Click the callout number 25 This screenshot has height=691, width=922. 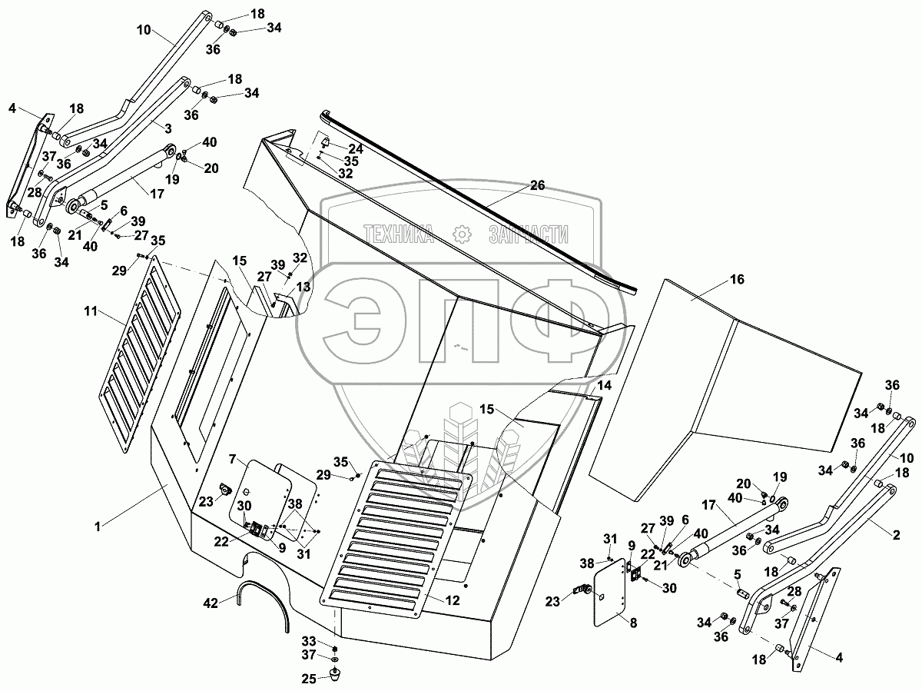(x=307, y=679)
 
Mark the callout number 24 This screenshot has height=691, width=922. (x=355, y=148)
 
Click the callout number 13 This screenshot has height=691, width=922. (x=306, y=286)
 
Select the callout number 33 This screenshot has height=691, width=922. (x=307, y=640)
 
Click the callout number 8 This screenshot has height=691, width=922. (x=632, y=623)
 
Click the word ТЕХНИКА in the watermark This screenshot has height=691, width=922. (x=399, y=234)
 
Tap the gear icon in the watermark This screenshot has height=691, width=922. (x=461, y=234)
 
